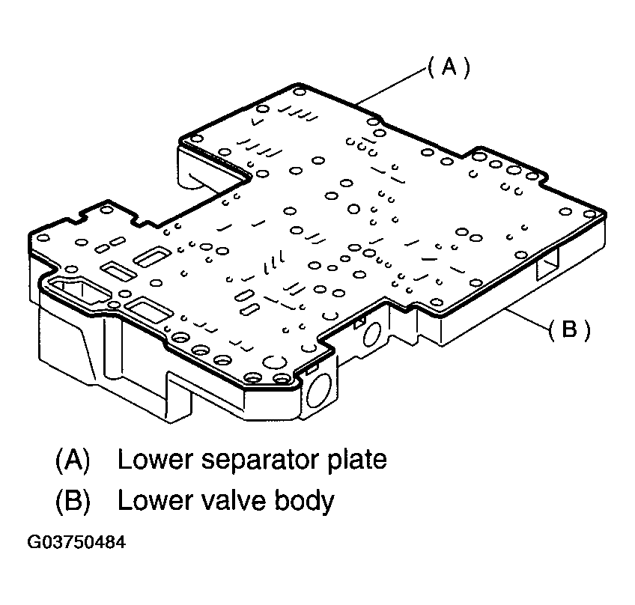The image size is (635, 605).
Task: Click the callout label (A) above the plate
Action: click(x=449, y=68)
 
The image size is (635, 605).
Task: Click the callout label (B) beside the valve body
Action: click(x=569, y=329)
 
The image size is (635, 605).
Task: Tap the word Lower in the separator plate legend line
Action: click(x=153, y=459)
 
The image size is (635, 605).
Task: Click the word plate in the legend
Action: click(x=356, y=460)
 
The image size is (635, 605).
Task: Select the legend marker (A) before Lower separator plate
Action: click(x=73, y=460)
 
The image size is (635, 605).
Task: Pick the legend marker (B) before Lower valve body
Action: click(x=73, y=500)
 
